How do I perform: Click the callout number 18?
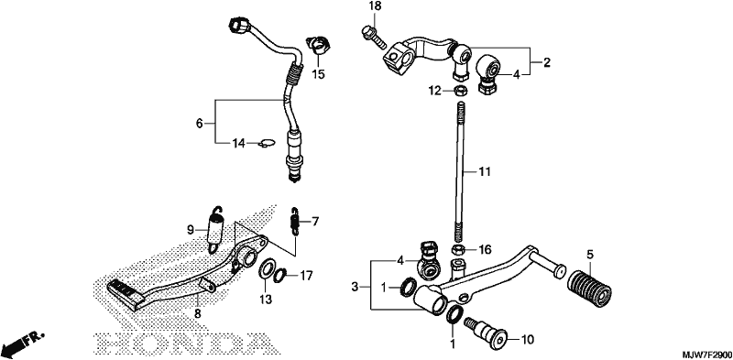point(375,6)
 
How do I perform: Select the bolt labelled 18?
point(374,38)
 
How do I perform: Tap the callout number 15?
point(318,74)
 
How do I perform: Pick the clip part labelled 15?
point(317,44)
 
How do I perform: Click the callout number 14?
point(239,144)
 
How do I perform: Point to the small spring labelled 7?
point(295,219)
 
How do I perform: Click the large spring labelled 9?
point(216,229)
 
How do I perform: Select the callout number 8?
point(197,314)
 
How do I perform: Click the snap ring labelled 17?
point(280,276)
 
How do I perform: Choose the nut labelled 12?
point(460,91)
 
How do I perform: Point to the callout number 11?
point(485,172)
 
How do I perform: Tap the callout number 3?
point(355,287)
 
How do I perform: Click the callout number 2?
point(546,62)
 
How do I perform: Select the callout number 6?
point(199,124)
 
